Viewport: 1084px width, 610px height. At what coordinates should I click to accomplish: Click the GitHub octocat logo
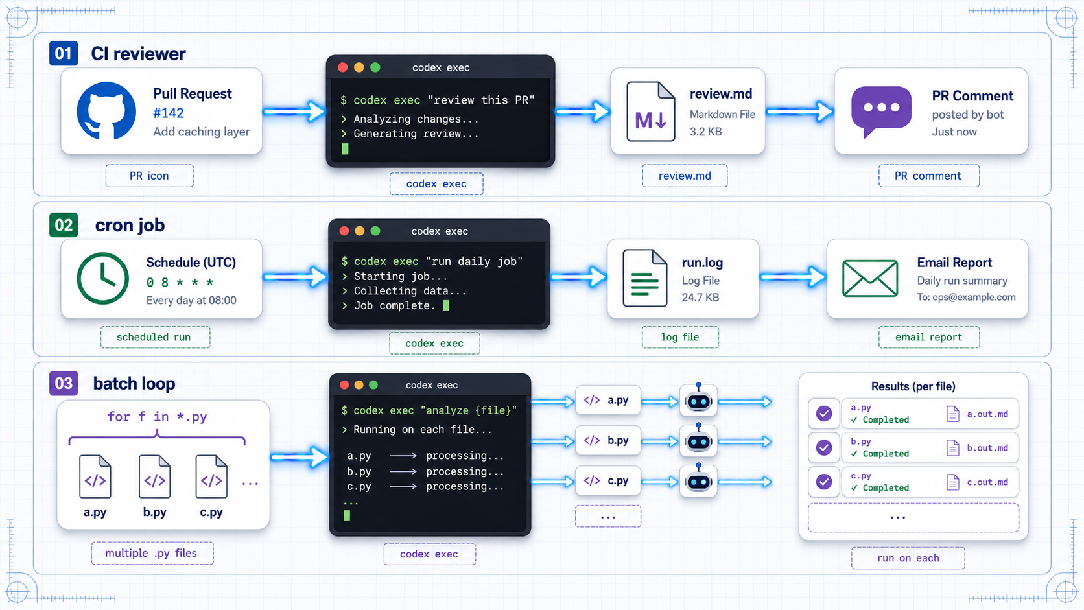click(x=106, y=111)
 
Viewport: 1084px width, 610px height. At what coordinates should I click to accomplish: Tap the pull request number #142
click(x=169, y=113)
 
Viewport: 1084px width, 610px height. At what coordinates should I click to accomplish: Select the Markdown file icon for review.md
click(x=650, y=111)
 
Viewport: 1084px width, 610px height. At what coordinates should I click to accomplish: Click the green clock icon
click(x=102, y=278)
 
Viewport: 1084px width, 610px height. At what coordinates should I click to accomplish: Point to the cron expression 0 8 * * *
click(x=180, y=282)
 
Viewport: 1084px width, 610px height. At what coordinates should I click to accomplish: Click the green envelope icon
click(x=870, y=278)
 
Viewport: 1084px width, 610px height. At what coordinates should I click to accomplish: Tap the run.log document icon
click(x=645, y=278)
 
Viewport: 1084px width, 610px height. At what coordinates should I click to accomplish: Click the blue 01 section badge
click(x=64, y=53)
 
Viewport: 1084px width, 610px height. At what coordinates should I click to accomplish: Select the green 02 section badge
click(x=64, y=225)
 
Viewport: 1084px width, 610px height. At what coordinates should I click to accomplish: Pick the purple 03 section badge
click(x=64, y=384)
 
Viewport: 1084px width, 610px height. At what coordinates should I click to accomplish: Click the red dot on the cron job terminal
click(x=344, y=231)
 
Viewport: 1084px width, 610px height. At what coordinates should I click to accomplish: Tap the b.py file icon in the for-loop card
click(x=154, y=476)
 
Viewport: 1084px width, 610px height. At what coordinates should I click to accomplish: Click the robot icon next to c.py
click(x=698, y=481)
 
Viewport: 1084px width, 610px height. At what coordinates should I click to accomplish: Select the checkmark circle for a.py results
click(x=824, y=414)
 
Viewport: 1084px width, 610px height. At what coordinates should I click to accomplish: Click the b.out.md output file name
click(x=987, y=448)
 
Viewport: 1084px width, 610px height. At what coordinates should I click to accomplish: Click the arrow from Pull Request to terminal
click(x=294, y=111)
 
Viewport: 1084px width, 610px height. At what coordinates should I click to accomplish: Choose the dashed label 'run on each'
click(x=908, y=558)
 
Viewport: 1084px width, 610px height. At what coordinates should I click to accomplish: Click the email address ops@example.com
click(x=974, y=298)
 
